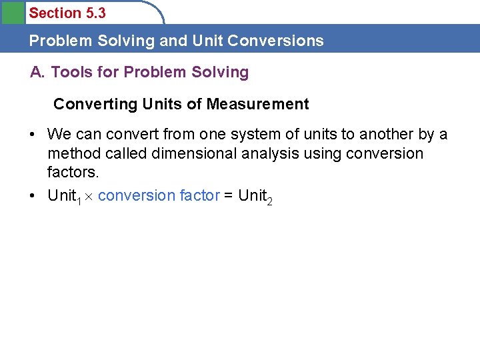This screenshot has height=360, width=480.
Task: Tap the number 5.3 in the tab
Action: [x=94, y=13]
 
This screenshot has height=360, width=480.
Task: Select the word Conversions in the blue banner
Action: [x=275, y=41]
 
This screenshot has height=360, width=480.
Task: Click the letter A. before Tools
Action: [x=38, y=72]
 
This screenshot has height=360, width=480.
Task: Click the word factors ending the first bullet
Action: [x=73, y=172]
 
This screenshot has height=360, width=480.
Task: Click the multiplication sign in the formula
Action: [x=89, y=197]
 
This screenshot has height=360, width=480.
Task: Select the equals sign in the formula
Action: [x=229, y=196]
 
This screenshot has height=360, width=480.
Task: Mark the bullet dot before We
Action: [x=32, y=134]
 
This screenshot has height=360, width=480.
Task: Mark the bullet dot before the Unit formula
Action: [x=32, y=195]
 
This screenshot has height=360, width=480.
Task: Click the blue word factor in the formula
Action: [x=199, y=195]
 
